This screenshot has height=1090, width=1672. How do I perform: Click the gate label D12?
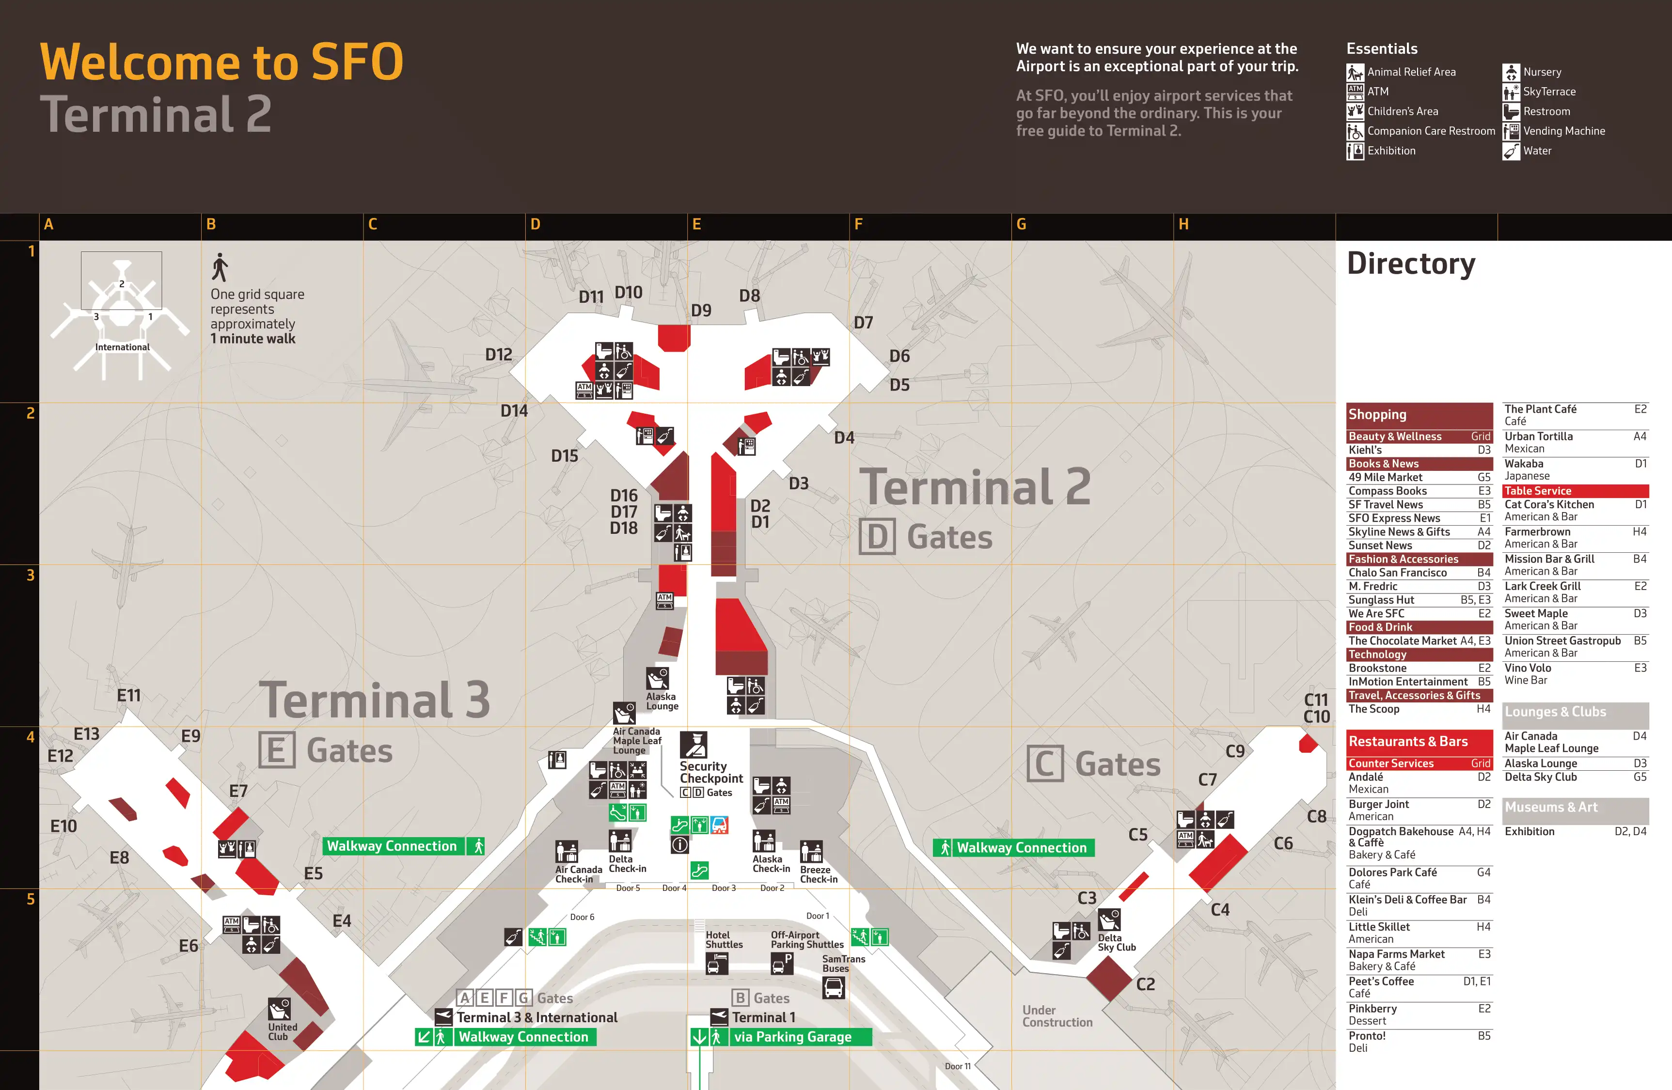(x=498, y=355)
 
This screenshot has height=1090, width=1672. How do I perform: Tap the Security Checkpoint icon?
(x=694, y=745)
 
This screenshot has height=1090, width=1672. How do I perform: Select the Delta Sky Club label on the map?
(x=1116, y=943)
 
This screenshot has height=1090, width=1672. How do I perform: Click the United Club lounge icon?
(x=280, y=1009)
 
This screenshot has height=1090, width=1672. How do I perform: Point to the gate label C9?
(x=1234, y=751)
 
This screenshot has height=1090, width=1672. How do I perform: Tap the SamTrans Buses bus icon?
(x=833, y=988)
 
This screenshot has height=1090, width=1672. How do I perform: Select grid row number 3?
(x=30, y=575)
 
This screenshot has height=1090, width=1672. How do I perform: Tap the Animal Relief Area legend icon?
(x=1355, y=72)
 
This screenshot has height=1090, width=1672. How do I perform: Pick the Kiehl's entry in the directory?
(x=1365, y=450)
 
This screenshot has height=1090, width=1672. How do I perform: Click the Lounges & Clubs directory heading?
(x=1555, y=712)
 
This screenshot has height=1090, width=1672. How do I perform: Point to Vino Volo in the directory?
(x=1527, y=669)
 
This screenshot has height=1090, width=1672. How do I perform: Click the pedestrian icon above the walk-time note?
(x=220, y=267)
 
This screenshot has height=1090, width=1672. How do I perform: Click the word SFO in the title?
(x=356, y=62)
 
